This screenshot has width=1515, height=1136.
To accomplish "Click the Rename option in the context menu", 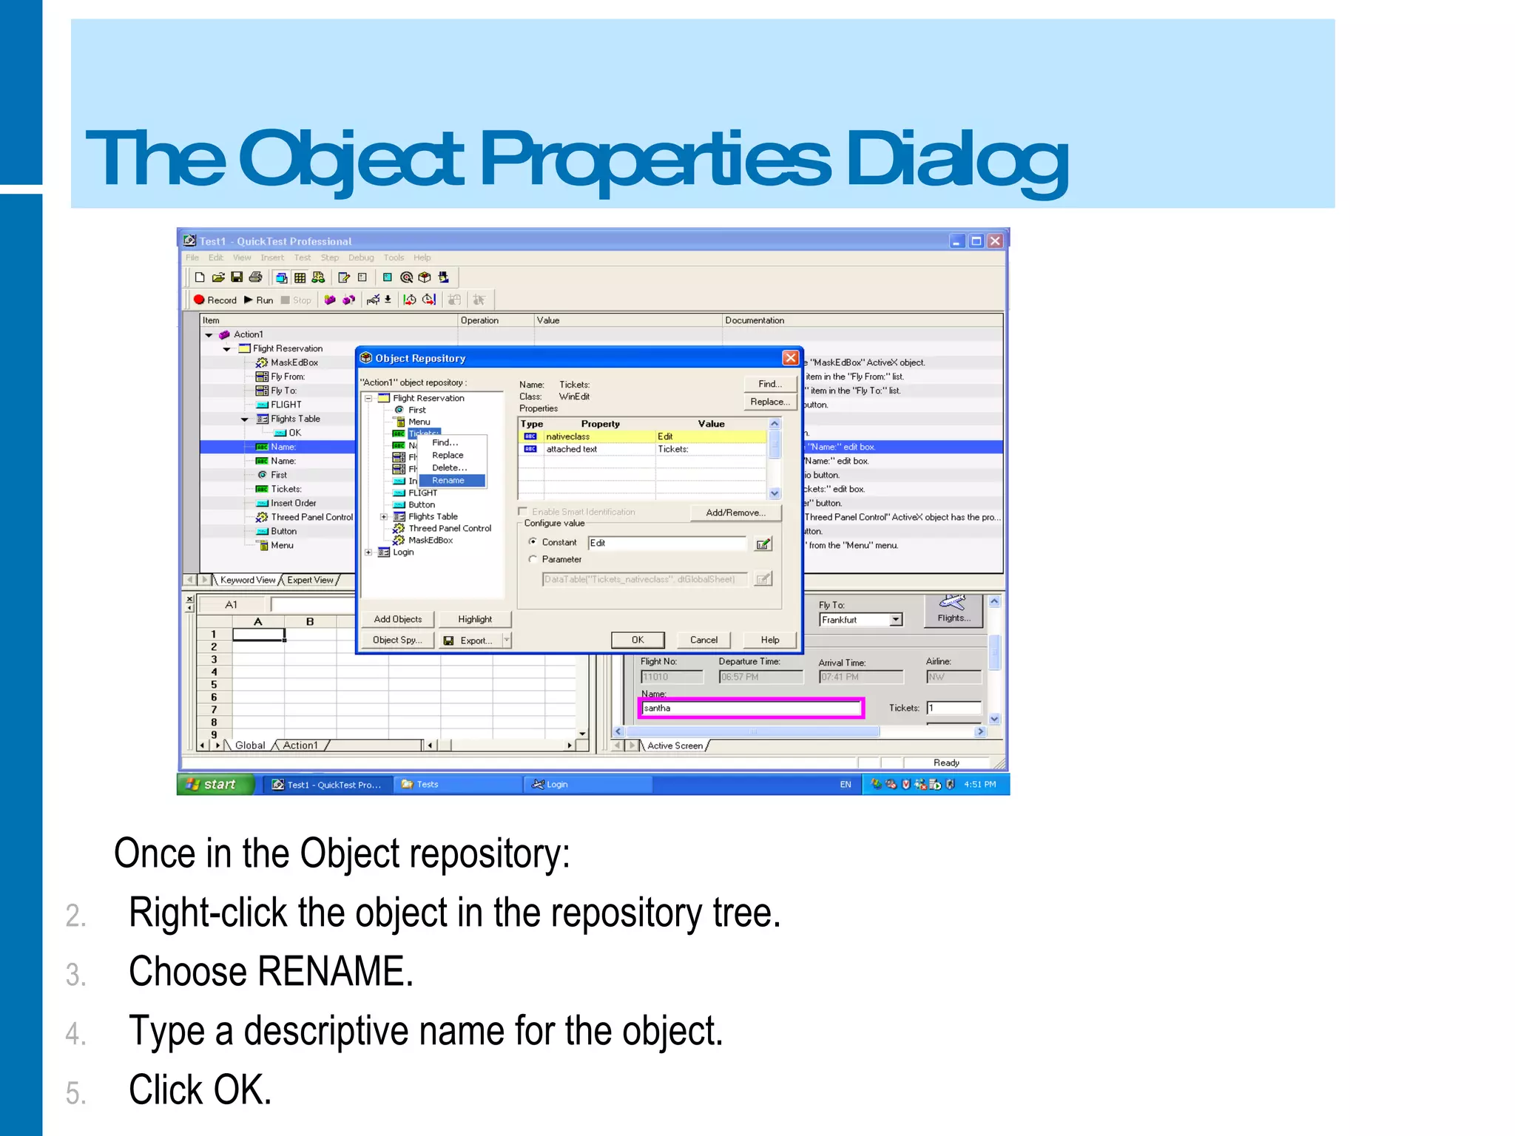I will [448, 481].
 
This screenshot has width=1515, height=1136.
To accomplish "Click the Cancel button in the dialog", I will [703, 640].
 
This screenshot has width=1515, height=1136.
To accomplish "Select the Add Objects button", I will [397, 620].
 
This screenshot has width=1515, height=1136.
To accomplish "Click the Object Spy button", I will [397, 640].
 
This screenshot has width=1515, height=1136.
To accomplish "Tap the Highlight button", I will [474, 620].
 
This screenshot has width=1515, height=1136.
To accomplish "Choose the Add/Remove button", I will [735, 513].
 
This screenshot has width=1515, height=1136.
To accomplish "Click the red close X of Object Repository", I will [790, 358].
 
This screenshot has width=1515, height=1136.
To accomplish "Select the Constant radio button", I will [533, 542].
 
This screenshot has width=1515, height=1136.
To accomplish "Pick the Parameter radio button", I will [533, 560].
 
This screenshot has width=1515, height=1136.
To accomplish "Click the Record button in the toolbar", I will [215, 300].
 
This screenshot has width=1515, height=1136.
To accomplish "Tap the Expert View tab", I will [310, 581].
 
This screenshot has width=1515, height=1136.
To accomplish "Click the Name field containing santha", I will [750, 709].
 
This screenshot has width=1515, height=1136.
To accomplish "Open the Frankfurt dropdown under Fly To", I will [896, 620].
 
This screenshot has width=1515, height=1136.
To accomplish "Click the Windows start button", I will [214, 785].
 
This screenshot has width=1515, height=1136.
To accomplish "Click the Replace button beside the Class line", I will [769, 402].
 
